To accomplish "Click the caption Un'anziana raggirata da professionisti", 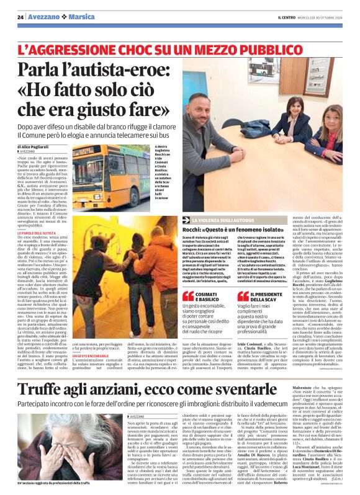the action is click(x=55, y=482).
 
